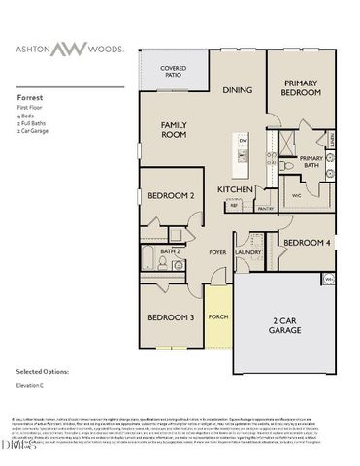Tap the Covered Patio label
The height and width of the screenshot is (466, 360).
coord(174,72)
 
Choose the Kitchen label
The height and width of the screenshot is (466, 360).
coord(236,188)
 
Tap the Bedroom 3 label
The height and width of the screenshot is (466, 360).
coord(171,317)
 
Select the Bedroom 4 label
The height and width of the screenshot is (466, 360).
coord(307,242)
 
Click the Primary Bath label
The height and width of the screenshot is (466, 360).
coord(311,162)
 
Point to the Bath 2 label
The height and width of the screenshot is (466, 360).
coord(171,251)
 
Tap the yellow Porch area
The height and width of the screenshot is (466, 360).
coord(217,316)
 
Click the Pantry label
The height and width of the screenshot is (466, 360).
coord(265,207)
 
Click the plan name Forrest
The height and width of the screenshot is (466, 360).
coord(29,98)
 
